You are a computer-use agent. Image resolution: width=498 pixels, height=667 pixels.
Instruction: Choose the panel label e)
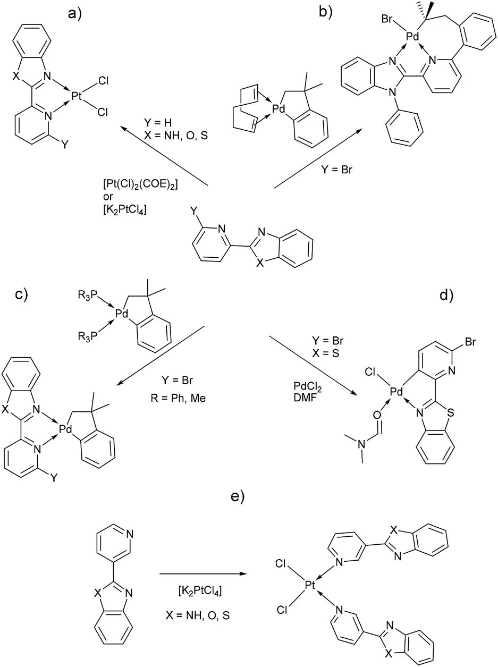(236, 496)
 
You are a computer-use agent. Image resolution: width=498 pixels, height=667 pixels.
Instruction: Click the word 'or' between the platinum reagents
(108, 197)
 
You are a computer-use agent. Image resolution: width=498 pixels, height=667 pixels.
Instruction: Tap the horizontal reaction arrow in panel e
(203, 573)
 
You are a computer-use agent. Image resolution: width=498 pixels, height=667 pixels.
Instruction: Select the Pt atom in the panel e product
(311, 586)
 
